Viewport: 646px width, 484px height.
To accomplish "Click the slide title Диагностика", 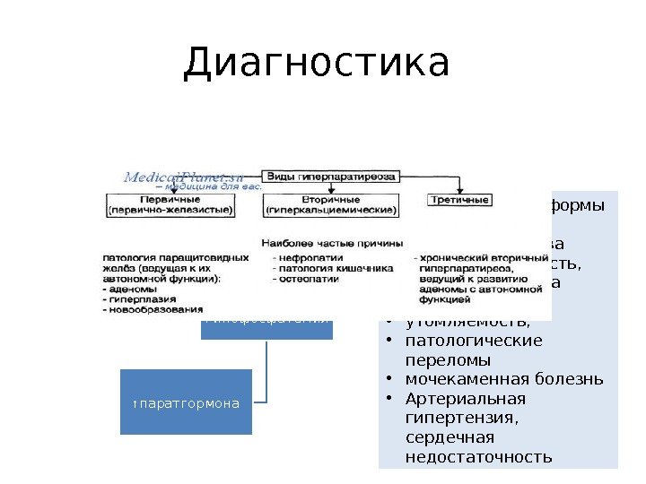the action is click(316, 63).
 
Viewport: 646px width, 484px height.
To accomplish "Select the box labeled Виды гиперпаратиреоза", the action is click(329, 176).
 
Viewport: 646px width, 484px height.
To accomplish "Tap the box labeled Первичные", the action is click(170, 204).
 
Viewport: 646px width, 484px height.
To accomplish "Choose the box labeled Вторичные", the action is click(331, 204).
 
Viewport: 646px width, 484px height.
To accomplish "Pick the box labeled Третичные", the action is click(459, 199).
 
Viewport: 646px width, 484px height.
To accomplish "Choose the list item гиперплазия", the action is click(138, 299).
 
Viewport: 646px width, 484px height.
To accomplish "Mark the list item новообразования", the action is click(149, 310).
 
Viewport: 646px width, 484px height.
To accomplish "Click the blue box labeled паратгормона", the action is click(187, 402).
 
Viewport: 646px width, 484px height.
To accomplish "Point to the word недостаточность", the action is click(478, 457).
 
